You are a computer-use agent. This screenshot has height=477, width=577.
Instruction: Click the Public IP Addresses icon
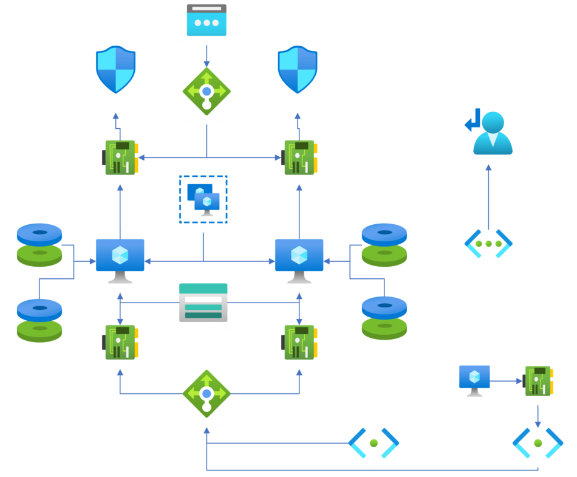pos(207,20)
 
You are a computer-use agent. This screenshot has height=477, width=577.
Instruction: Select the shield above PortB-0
pos(115,69)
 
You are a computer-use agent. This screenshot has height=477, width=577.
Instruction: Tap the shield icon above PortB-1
pos(298,69)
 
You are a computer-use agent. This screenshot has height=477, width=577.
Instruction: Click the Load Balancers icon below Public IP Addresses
pos(207,91)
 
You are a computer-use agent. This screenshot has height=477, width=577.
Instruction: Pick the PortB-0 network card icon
pos(120,157)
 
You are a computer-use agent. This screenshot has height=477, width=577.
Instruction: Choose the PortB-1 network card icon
pos(299,157)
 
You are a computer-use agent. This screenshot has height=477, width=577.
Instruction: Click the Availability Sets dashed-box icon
pos(203,199)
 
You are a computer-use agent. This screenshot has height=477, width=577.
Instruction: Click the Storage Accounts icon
pos(203,302)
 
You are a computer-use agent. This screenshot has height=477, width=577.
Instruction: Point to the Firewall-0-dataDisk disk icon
pos(39,244)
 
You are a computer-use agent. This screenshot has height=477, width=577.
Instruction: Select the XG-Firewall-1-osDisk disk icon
pos(384,318)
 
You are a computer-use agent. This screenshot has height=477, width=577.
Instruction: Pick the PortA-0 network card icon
pos(120,341)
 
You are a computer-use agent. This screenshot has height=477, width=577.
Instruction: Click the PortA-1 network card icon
pos(299,341)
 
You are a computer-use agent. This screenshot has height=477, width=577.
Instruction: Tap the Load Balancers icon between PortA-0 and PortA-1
pos(207,394)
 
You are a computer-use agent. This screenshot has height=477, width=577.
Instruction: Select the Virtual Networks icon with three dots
pos(488,244)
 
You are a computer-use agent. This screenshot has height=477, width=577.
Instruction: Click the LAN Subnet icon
pos(374,443)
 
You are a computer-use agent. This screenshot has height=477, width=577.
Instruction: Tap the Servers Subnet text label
pos(538,464)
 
